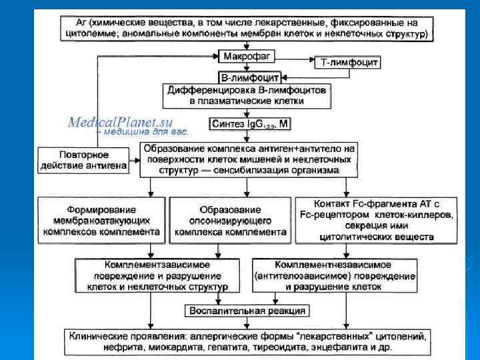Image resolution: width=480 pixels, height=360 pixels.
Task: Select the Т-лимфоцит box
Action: [346, 62]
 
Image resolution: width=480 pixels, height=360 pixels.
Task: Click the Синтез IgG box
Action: [249, 124]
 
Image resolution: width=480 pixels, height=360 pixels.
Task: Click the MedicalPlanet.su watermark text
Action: [121, 122]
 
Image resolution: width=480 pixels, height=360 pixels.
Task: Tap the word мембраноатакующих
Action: [99, 221]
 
